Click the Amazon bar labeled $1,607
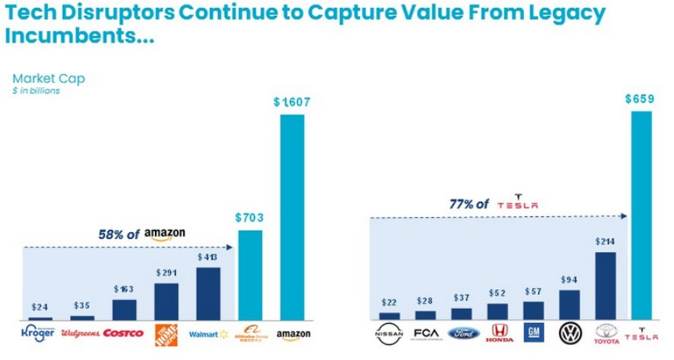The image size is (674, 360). point(293,216)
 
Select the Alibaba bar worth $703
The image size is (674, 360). point(250,275)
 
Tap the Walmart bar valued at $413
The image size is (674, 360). point(208,293)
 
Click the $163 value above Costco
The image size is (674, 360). point(123,289)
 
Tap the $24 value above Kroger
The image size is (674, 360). point(39,307)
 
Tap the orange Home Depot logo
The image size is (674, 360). point(166,333)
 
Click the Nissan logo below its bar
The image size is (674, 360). point(389,334)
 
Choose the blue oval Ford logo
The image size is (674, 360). point(462,334)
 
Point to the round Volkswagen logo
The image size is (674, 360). point(569,334)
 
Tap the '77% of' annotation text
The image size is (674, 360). point(465,204)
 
